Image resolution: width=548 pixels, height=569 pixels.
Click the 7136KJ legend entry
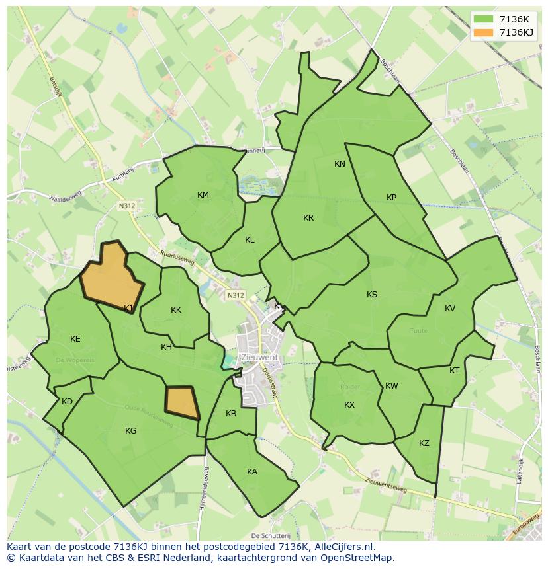504,32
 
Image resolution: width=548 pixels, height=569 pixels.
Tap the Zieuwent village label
259,358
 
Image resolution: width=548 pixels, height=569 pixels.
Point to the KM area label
203,195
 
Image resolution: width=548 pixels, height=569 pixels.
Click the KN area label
340,164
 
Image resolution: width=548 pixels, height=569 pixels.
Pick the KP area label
391,198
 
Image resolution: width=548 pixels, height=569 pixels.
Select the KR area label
308,218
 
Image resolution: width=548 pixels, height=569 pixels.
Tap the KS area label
372,295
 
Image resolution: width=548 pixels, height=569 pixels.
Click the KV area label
450,309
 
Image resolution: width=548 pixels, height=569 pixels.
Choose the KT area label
454,371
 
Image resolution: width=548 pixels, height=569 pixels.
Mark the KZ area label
424,443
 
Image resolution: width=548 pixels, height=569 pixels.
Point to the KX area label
349,405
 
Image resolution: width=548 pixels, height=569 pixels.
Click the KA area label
252,472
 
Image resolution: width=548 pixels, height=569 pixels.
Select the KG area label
131,431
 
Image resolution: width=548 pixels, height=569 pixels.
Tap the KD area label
67,402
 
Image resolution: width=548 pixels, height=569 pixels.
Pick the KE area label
75,339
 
